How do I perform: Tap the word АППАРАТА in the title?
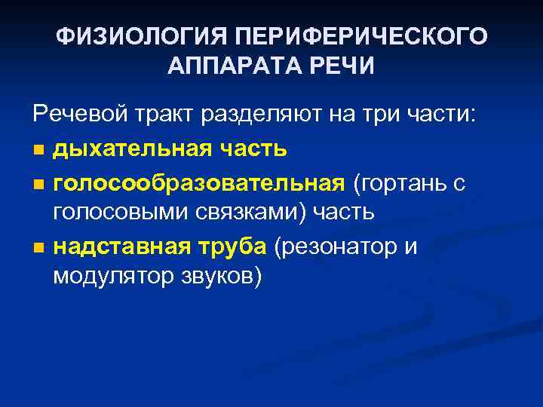232,66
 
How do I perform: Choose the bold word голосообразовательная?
198,182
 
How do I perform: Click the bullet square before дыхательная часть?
38,149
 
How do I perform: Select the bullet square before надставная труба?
38,248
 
